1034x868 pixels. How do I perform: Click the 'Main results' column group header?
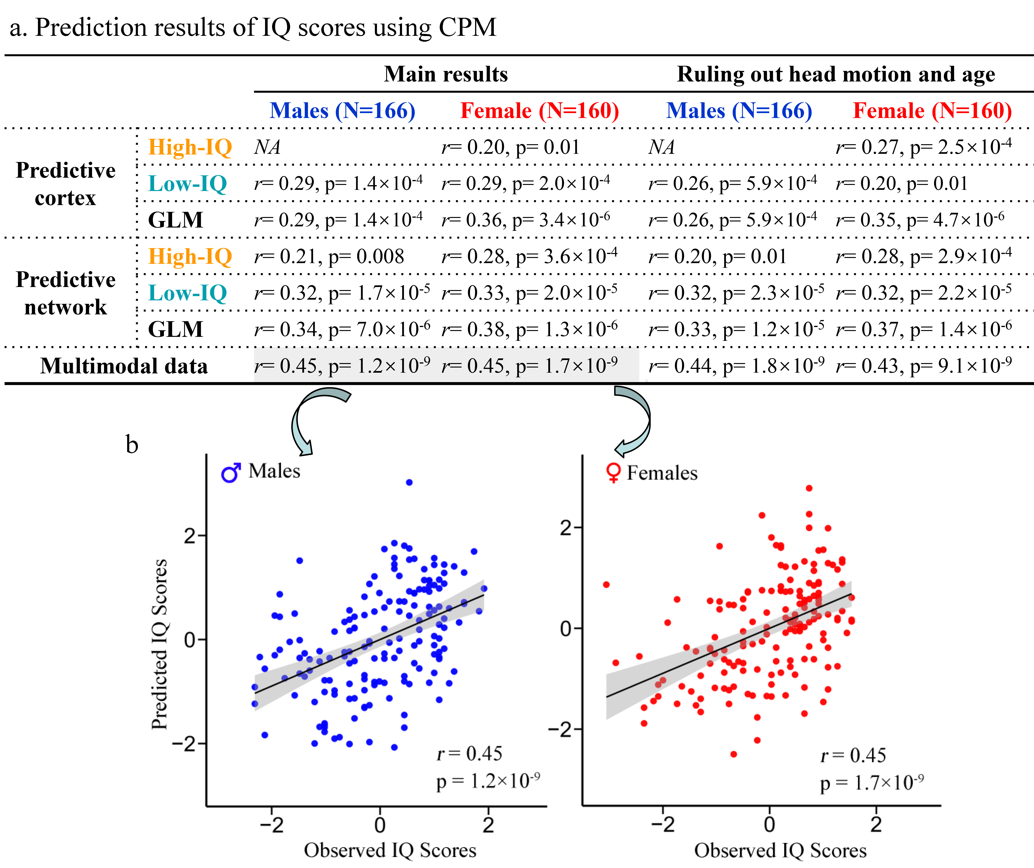click(446, 74)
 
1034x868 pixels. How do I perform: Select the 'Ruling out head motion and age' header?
click(836, 74)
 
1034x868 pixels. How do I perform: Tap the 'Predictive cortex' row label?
click(66, 184)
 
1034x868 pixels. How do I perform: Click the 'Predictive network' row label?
click(66, 293)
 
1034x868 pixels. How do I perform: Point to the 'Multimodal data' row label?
click(124, 366)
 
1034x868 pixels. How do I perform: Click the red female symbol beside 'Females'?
click(613, 473)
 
